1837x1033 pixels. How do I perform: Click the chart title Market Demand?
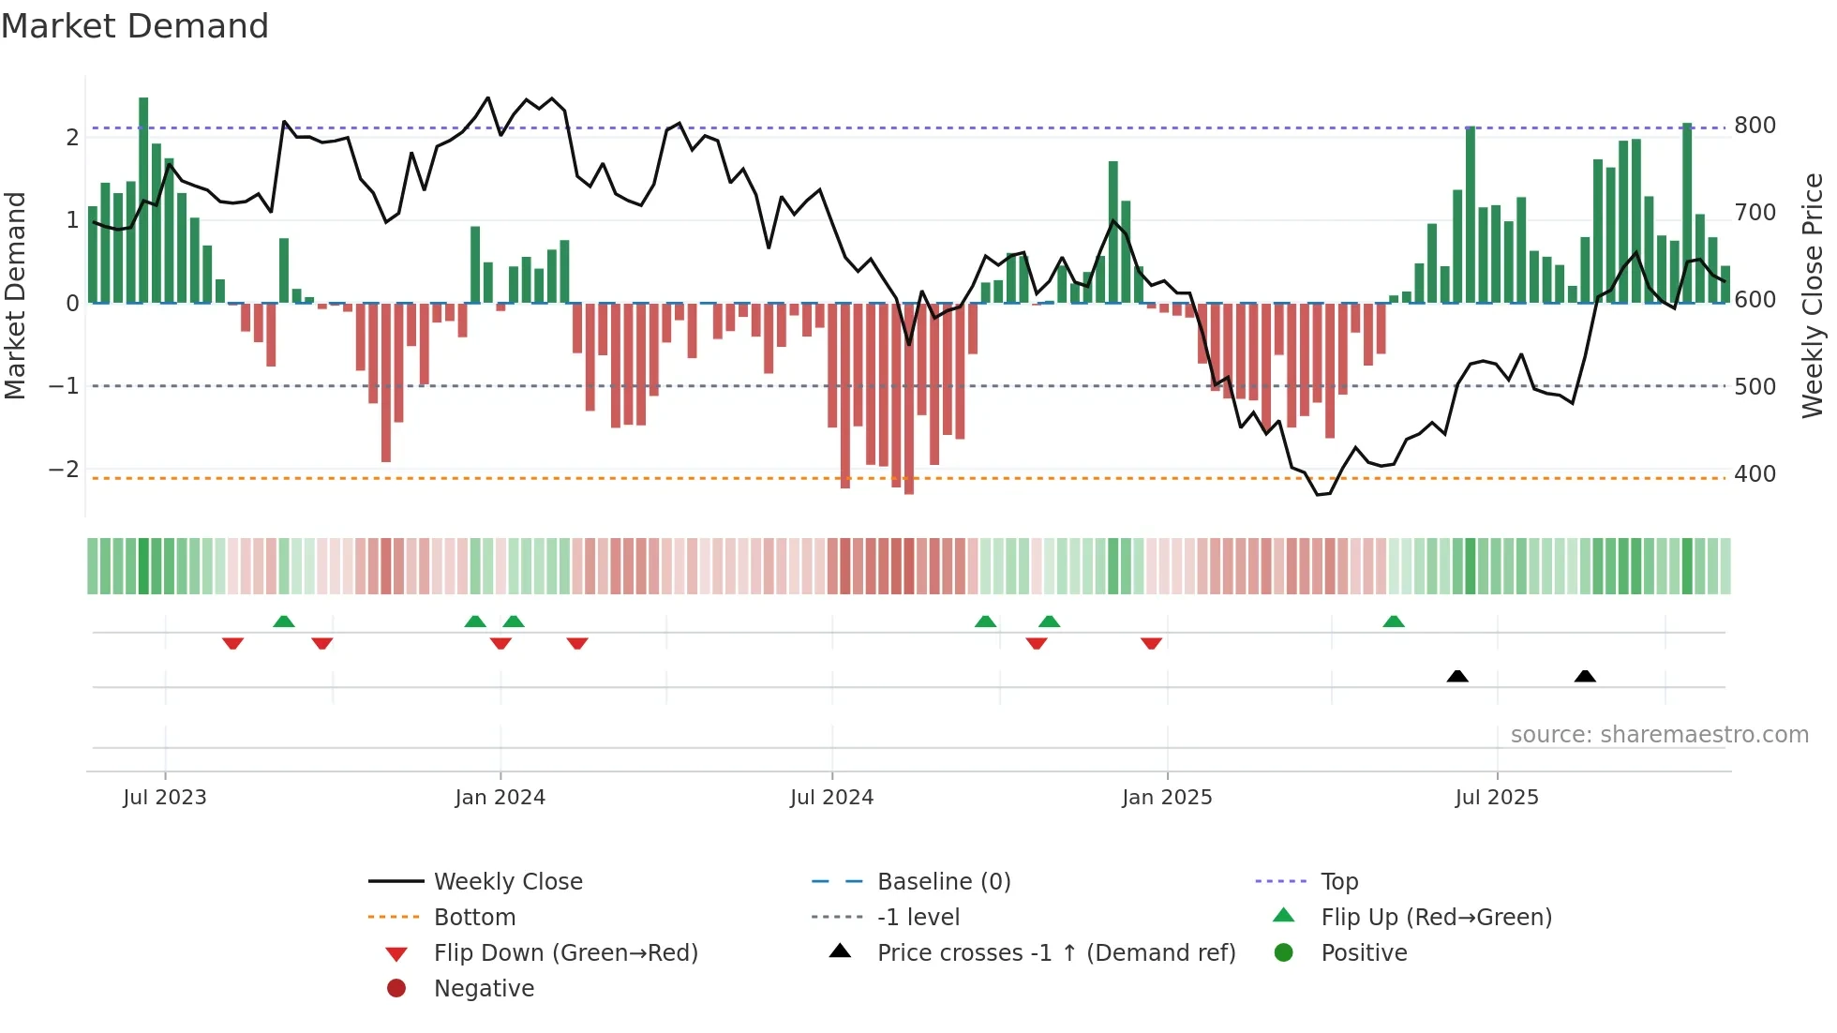coord(135,26)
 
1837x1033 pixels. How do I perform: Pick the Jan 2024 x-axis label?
coord(500,797)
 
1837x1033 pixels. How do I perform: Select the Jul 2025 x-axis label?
coord(1497,797)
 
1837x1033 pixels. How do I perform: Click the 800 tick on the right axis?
coord(1755,126)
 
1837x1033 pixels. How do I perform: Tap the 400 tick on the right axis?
coord(1755,473)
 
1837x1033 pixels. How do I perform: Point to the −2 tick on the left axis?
coord(64,469)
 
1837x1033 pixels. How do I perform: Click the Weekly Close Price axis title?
coord(1813,295)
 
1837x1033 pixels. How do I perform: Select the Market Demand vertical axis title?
coord(15,295)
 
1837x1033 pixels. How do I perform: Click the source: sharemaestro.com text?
coord(1659,735)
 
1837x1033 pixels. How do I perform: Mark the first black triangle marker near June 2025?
coord(1457,676)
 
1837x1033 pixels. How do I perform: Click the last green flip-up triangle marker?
coord(1394,621)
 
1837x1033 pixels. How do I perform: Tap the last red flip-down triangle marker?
coord(1152,643)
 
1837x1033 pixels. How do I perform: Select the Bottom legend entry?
coord(474,917)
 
